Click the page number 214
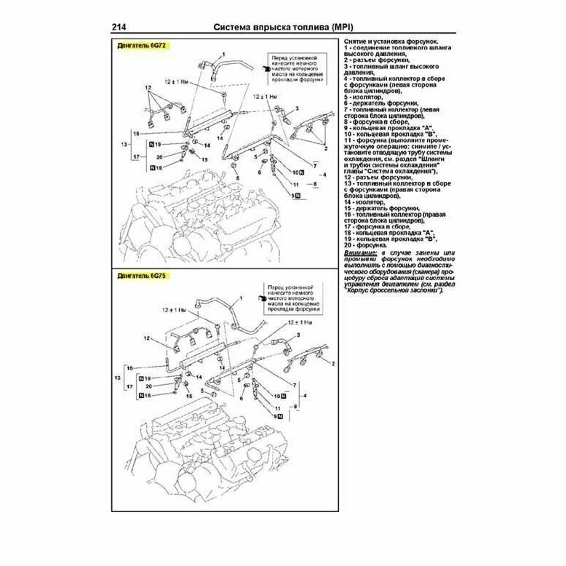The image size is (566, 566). pyautogui.click(x=121, y=28)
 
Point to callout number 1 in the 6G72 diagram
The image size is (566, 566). pyautogui.click(x=224, y=55)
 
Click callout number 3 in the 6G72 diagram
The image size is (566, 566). pyautogui.click(x=298, y=108)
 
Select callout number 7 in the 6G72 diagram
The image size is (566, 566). pyautogui.click(x=315, y=166)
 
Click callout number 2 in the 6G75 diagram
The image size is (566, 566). pyautogui.click(x=333, y=362)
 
